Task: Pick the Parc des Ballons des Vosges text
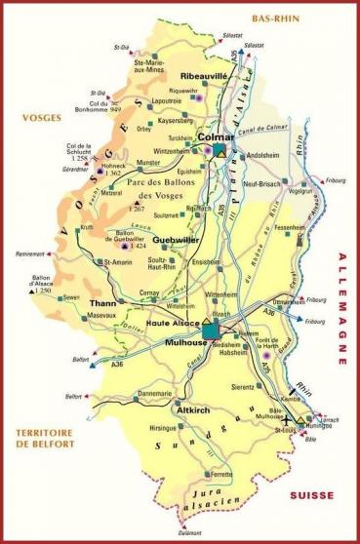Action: [x=174, y=180]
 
